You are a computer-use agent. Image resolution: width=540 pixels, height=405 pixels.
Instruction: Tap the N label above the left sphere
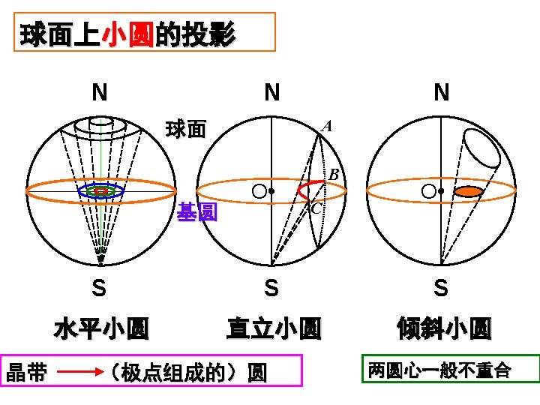98,93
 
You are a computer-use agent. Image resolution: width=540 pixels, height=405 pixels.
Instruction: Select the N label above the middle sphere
272,93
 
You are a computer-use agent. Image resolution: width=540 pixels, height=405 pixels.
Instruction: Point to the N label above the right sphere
442,93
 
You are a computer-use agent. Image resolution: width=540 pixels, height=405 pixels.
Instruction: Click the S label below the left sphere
98,288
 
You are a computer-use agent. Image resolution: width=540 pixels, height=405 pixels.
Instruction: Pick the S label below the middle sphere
272,288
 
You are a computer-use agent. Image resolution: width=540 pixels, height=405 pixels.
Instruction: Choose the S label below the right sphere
441,288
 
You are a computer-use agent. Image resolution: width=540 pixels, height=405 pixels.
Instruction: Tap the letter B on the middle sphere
334,175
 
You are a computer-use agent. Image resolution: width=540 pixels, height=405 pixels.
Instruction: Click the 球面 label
186,130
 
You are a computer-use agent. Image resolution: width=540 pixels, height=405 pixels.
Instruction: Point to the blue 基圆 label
197,214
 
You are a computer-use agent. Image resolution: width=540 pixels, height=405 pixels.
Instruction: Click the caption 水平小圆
101,328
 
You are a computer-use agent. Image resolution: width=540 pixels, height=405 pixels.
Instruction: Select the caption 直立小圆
274,328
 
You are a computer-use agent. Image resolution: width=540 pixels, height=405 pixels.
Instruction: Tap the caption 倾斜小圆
445,328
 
